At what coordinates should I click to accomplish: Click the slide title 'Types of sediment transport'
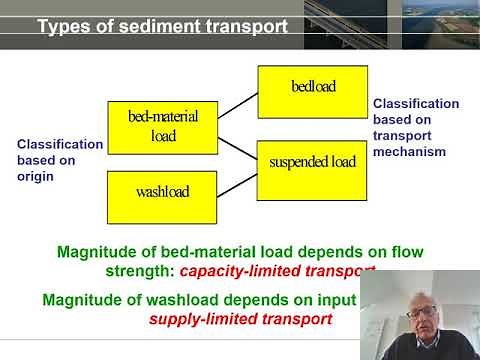coord(162,26)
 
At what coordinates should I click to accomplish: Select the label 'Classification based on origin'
coord(59,160)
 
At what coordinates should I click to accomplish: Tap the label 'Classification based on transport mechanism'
coord(415,127)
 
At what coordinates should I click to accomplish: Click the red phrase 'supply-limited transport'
coord(240,320)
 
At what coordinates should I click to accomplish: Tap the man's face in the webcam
coord(414,311)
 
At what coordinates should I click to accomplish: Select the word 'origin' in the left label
coord(35,176)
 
